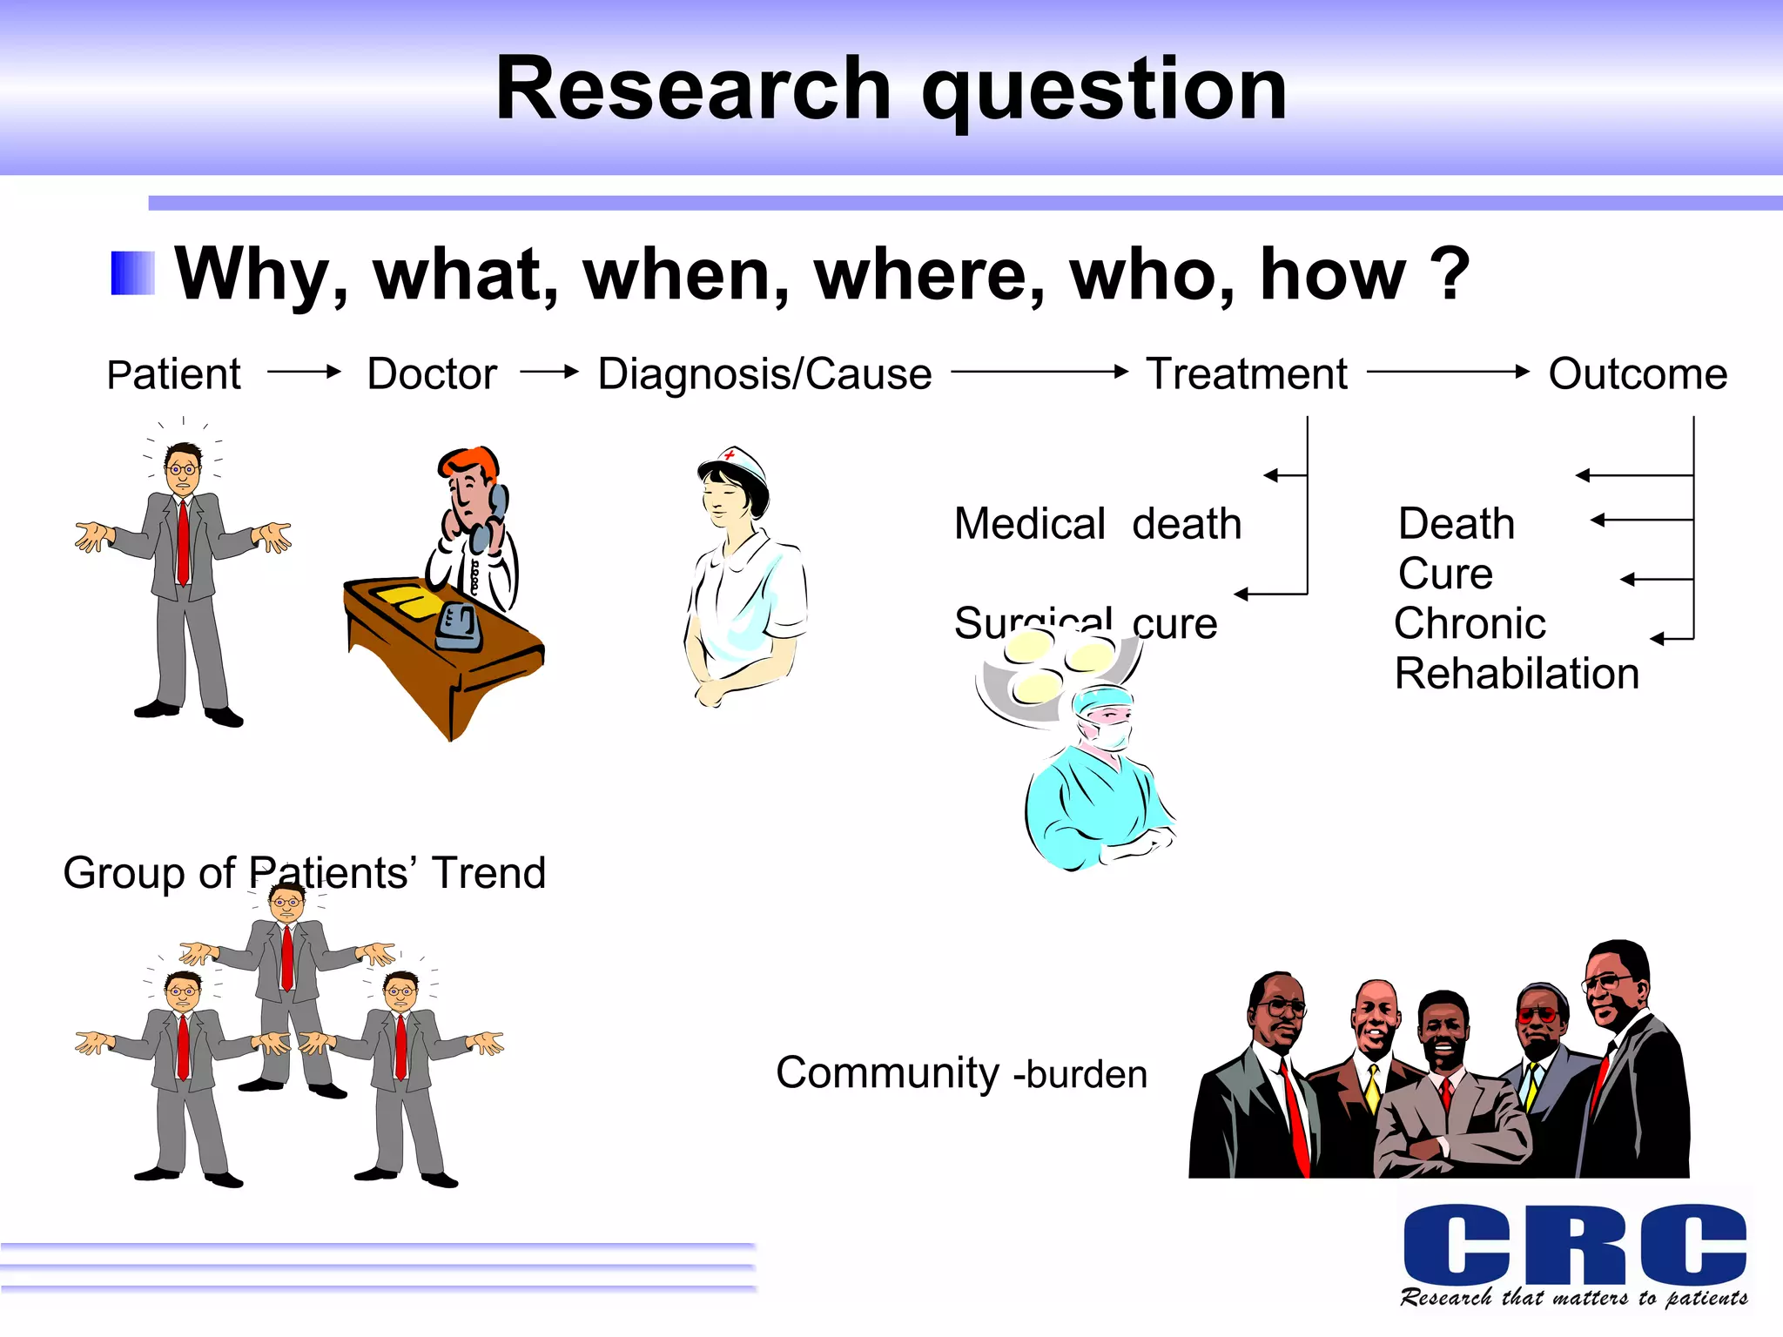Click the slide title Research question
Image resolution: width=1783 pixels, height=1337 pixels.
click(x=891, y=89)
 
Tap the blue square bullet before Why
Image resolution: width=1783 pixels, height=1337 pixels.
click(x=132, y=273)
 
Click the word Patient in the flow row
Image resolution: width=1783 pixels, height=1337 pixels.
click(x=173, y=374)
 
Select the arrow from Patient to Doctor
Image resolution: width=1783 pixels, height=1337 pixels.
click(x=304, y=372)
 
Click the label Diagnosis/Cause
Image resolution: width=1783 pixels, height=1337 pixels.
click(x=764, y=374)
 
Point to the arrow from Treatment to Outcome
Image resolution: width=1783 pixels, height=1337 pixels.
click(x=1448, y=372)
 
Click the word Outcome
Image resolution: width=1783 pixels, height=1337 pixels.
click(x=1638, y=374)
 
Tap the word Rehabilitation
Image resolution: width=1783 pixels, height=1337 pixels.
click(x=1517, y=674)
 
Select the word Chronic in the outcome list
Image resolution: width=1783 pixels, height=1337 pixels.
click(x=1470, y=623)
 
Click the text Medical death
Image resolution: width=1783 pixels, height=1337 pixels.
click(x=1097, y=524)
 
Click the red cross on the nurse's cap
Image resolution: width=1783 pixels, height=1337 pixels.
click(x=730, y=454)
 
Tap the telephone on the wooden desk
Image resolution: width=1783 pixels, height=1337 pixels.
click(x=459, y=627)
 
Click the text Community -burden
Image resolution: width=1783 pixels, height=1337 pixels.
click(x=961, y=1073)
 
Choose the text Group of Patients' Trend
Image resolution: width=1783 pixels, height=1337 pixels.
click(x=304, y=872)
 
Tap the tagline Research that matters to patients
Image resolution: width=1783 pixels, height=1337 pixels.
click(x=1574, y=1298)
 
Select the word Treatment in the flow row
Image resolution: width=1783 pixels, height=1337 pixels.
click(x=1246, y=374)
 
